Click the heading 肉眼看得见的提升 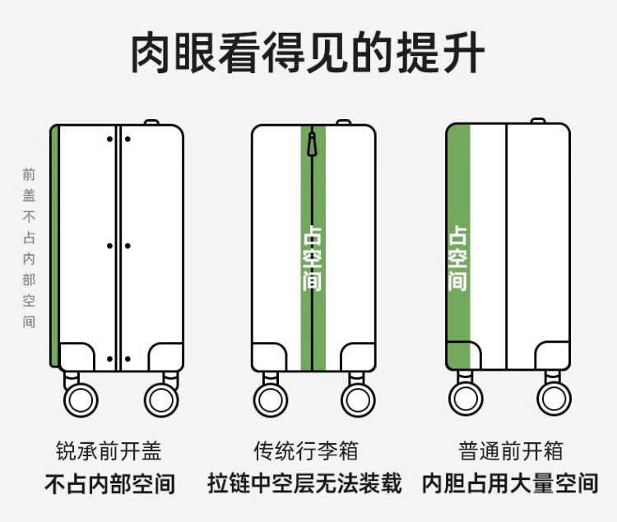tap(308, 53)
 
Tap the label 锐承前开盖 tap(109, 451)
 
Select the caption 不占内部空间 tap(109, 483)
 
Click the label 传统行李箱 tap(305, 451)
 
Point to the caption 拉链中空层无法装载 tap(305, 483)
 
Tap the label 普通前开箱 tap(510, 451)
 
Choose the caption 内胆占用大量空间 tap(510, 483)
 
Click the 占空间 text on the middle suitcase tap(313, 259)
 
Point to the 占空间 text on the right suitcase tap(458, 259)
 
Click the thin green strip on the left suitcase tap(54, 247)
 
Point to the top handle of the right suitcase tap(537, 122)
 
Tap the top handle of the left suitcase tap(151, 122)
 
